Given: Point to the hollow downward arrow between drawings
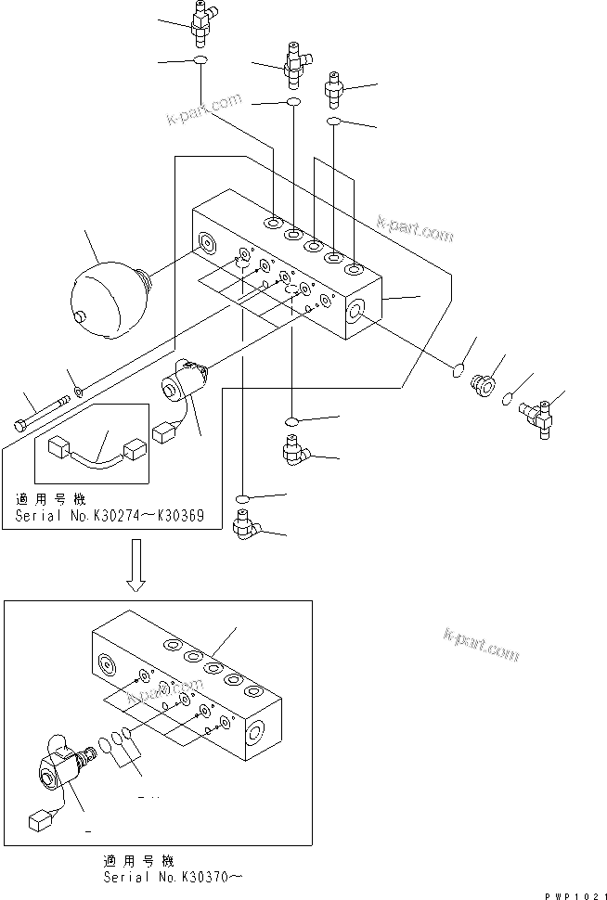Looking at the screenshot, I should (x=136, y=565).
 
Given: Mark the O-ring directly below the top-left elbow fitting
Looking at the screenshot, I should (x=200, y=61).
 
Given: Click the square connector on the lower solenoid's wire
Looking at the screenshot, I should (x=40, y=821).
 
